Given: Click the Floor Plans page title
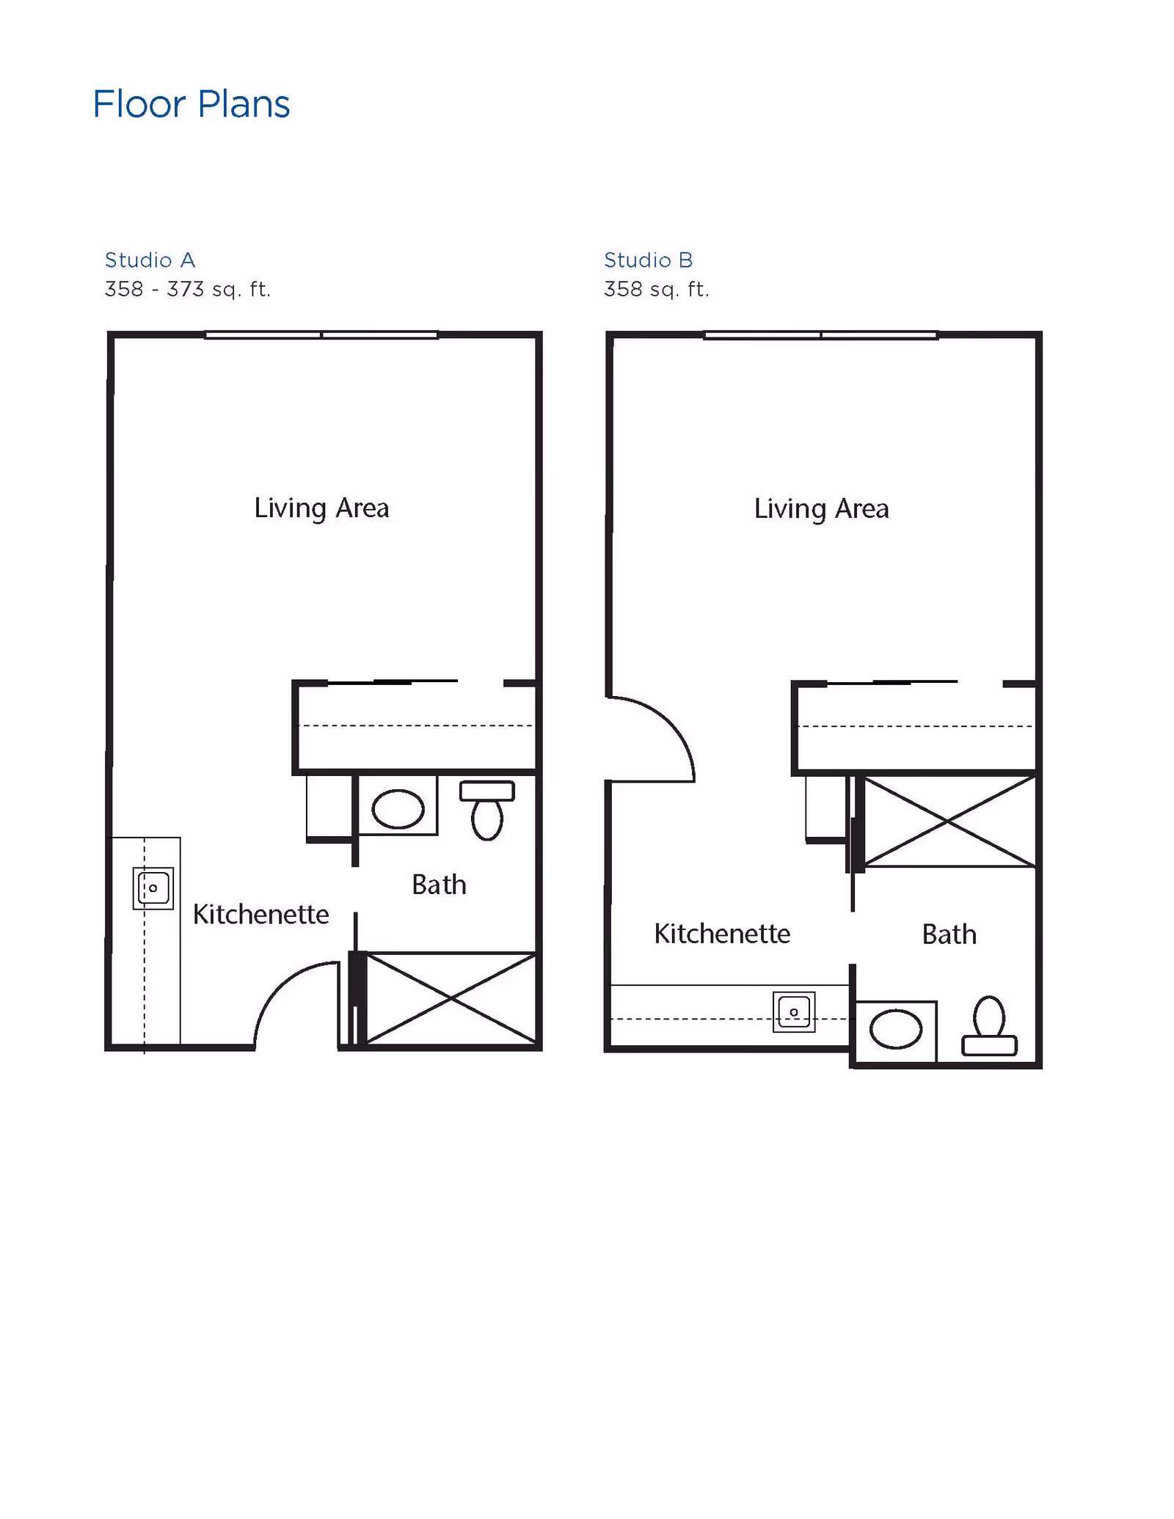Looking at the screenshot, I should (191, 104).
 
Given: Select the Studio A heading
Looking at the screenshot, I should (150, 260).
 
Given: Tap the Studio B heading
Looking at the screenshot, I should (648, 260).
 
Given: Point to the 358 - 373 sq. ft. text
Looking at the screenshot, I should (188, 289).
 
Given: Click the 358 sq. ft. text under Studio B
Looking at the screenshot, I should (656, 289).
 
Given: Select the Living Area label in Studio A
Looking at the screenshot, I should (321, 508).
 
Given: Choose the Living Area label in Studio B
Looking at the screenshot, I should (821, 508).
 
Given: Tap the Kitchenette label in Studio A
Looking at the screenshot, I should (260, 914).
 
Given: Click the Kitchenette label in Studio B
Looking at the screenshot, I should (722, 934).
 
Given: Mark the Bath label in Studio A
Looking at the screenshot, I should (439, 885).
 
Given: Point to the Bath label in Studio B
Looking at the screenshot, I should (949, 934).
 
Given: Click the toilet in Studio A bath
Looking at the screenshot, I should (487, 810).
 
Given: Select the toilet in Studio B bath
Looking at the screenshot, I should (989, 1027).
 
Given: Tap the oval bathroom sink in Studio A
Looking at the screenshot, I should (398, 809).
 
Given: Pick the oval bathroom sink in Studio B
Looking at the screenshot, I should (896, 1029).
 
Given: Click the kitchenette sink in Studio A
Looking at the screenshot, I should (153, 888).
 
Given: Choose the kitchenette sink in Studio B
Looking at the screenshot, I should (794, 1012).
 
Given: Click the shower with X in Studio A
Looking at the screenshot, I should (451, 998).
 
